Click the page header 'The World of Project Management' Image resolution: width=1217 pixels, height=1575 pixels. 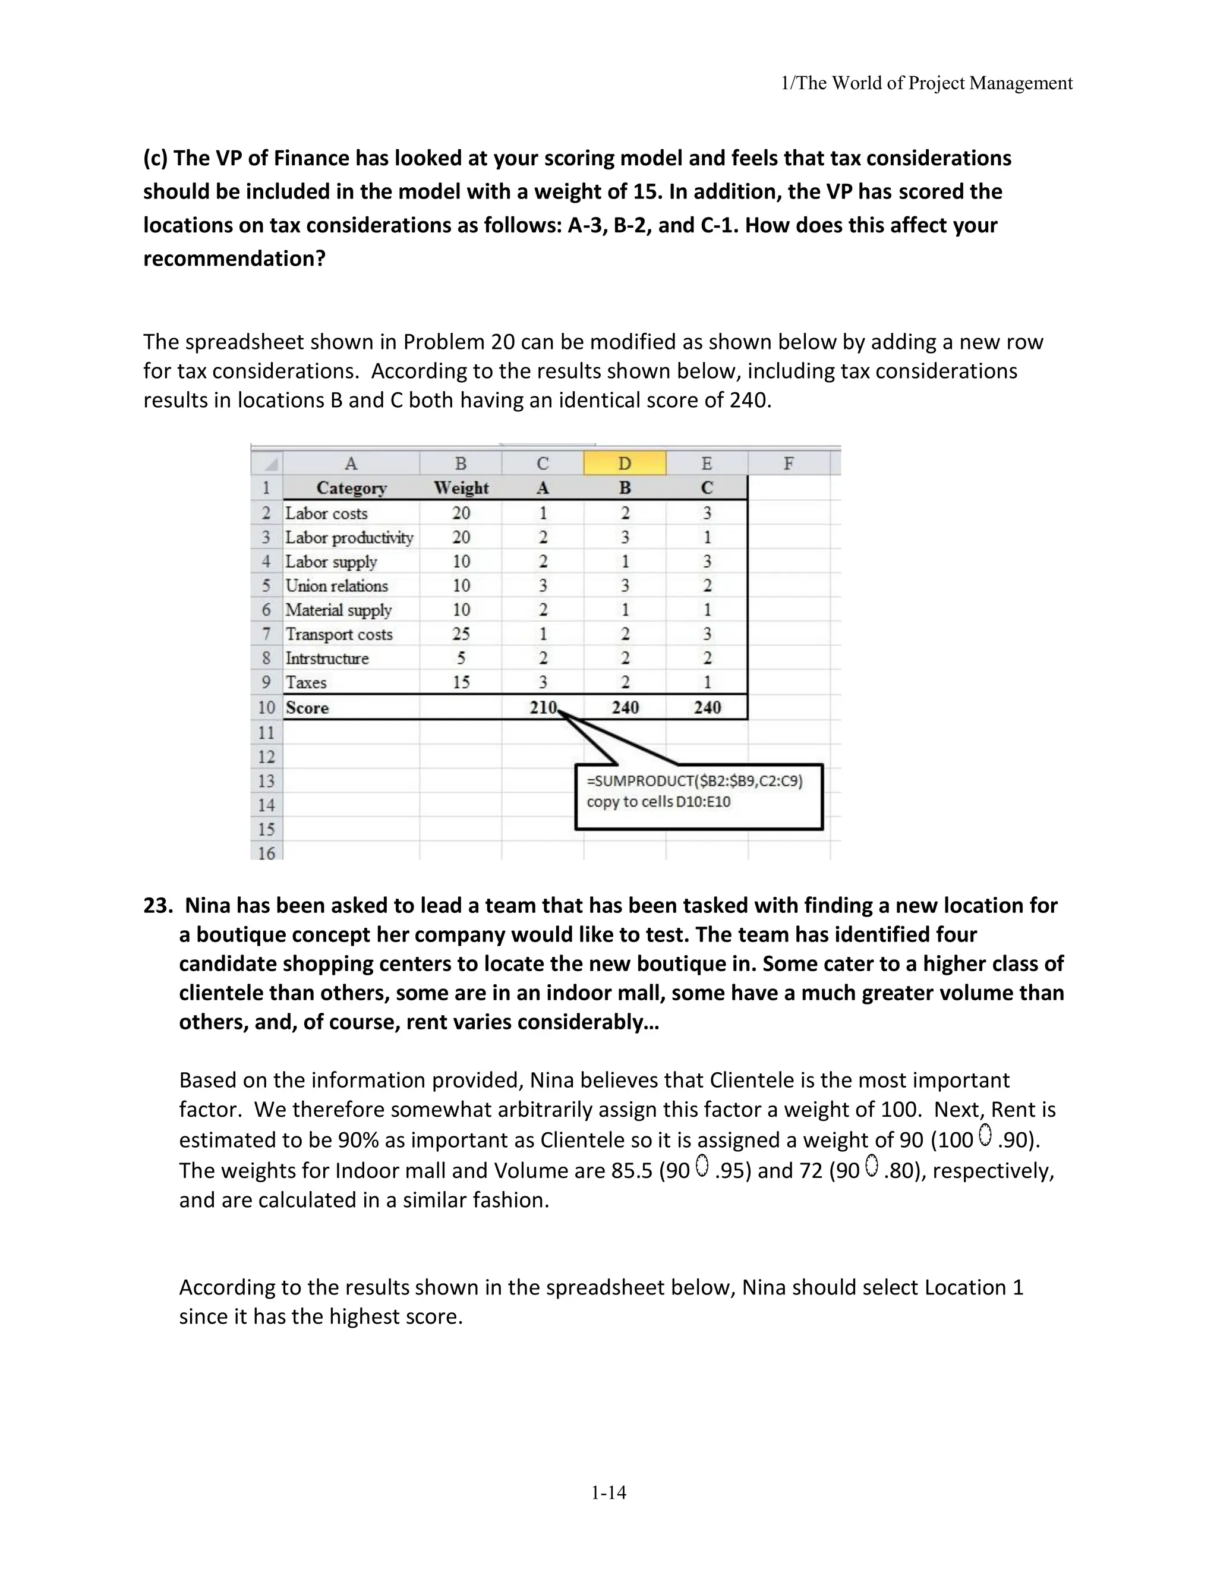tap(927, 84)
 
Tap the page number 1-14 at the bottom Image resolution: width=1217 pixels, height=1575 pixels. tap(608, 1493)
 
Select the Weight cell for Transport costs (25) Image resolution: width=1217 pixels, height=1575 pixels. tap(461, 634)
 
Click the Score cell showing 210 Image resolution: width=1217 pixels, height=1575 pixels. tap(543, 707)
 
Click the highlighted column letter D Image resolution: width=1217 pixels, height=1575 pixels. tap(625, 464)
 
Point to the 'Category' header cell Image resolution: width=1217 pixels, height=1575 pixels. tap(351, 488)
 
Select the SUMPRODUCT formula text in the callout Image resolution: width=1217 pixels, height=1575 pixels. tap(694, 781)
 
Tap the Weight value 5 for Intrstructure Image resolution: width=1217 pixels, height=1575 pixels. tap(461, 659)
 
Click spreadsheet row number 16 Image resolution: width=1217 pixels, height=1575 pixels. tap(266, 853)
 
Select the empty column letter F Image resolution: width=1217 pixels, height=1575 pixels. tap(788, 464)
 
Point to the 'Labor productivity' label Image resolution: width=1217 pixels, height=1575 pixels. tap(349, 537)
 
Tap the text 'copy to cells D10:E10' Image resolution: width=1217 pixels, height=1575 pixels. tap(658, 802)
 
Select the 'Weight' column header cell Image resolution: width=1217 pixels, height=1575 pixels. tap(461, 488)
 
